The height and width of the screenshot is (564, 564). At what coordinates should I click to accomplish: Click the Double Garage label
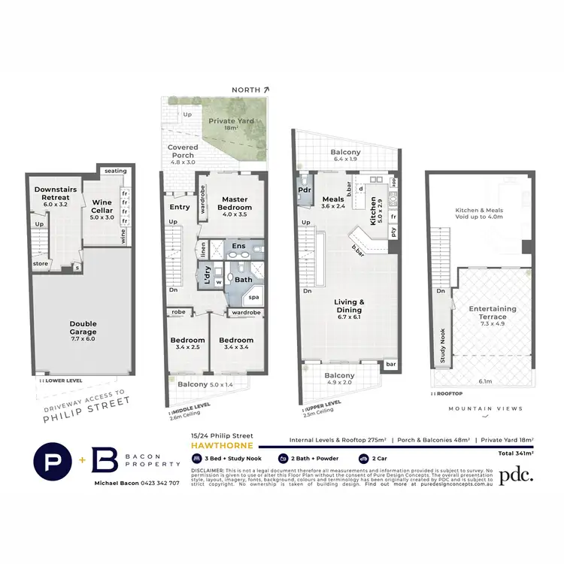point(83,328)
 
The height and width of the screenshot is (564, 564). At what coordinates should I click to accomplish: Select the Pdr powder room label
point(305,190)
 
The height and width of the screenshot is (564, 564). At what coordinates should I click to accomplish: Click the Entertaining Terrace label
point(493,313)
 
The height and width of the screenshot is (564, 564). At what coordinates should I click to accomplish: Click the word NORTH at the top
point(247,89)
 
